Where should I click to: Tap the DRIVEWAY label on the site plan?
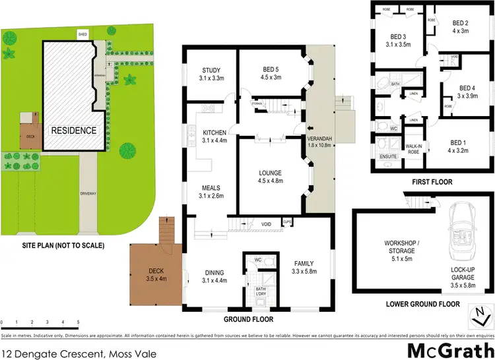click(x=88, y=193)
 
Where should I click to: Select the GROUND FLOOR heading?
click(x=248, y=318)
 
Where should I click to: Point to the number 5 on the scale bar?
click(x=77, y=322)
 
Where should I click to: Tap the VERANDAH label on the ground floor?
click(x=319, y=142)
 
